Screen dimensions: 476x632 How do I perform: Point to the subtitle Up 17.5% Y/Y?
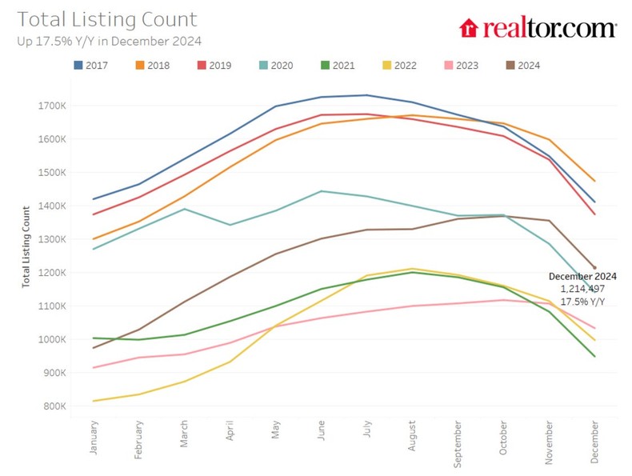click(108, 39)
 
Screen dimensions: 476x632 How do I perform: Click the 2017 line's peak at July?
click(366, 95)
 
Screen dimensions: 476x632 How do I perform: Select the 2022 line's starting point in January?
click(94, 401)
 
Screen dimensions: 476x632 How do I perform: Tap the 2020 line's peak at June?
click(321, 191)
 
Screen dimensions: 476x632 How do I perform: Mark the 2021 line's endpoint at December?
click(594, 356)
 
